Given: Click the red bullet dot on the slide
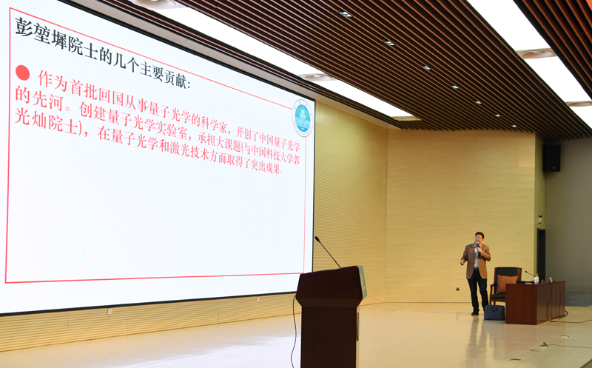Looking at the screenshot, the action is tap(22, 73).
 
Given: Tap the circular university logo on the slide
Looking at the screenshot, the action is tap(303, 118).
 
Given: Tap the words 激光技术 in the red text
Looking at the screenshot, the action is tap(189, 150).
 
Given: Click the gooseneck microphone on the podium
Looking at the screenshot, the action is tap(327, 251).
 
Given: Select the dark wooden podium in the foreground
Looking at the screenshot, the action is tap(329, 316).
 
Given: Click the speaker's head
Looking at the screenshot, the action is tap(480, 238).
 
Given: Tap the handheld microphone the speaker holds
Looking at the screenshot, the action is tap(478, 250).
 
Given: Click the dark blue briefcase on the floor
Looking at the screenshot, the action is tap(494, 312).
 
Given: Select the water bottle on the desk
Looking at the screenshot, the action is tap(536, 279).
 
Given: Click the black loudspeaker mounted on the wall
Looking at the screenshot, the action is tap(551, 158).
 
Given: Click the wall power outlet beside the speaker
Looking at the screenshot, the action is tap(458, 289).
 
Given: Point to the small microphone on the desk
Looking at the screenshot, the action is tap(530, 274).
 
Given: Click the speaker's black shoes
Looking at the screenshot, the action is tap(479, 312).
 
